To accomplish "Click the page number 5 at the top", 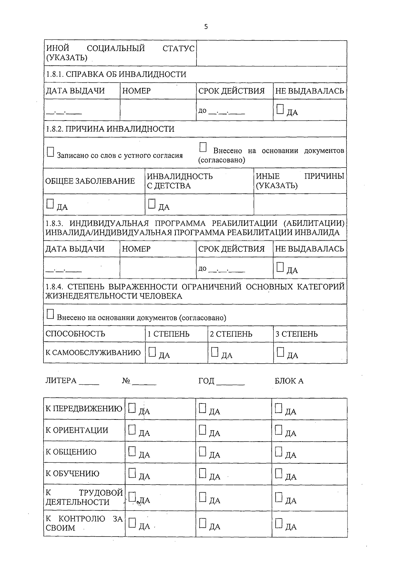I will click(x=206, y=27).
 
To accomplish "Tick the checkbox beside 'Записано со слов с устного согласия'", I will click(x=50, y=152).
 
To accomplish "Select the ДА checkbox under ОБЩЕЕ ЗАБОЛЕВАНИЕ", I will click(x=50, y=204).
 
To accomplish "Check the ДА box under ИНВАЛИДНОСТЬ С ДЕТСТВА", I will click(x=152, y=204).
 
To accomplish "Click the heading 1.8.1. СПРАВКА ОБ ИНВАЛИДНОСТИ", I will click(x=116, y=74).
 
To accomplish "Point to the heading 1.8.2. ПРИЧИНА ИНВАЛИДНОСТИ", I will click(x=110, y=129).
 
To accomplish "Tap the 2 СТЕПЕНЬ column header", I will click(x=231, y=334).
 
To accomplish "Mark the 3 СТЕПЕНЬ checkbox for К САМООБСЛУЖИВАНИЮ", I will click(x=280, y=352).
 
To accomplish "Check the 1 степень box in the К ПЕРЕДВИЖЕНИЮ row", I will click(x=132, y=408).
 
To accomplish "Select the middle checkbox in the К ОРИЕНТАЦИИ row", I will click(x=203, y=430).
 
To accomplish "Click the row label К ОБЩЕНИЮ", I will click(x=71, y=452).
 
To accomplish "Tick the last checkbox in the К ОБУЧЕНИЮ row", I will click(x=279, y=473).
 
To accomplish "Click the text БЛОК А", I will click(x=289, y=381).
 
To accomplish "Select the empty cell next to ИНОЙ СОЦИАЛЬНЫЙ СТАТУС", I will click(x=272, y=53).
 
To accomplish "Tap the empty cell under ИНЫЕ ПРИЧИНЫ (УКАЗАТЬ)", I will click(x=300, y=205).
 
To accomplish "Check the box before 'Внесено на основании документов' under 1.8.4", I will click(x=50, y=314).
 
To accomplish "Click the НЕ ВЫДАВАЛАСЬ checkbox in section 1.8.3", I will click(x=280, y=267).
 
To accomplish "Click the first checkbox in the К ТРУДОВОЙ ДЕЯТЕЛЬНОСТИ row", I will click(x=133, y=496).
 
